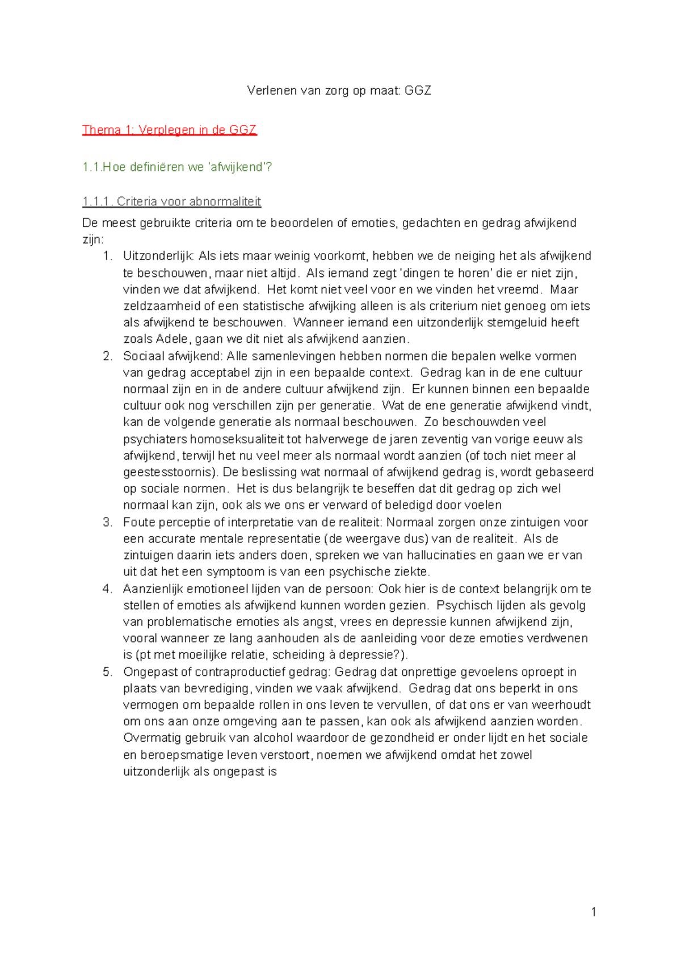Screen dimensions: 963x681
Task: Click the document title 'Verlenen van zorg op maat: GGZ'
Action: tap(339, 91)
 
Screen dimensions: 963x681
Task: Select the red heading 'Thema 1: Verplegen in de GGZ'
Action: tap(169, 130)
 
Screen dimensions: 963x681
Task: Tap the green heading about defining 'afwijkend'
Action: tap(177, 167)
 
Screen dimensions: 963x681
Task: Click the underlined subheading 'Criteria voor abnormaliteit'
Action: tap(171, 201)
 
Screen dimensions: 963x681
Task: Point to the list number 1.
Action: tap(108, 256)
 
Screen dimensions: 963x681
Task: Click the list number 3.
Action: tap(108, 522)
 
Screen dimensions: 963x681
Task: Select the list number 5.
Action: tap(108, 672)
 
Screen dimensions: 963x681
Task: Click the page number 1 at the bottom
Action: tap(594, 911)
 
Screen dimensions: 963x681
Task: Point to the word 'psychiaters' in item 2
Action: tap(154, 439)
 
